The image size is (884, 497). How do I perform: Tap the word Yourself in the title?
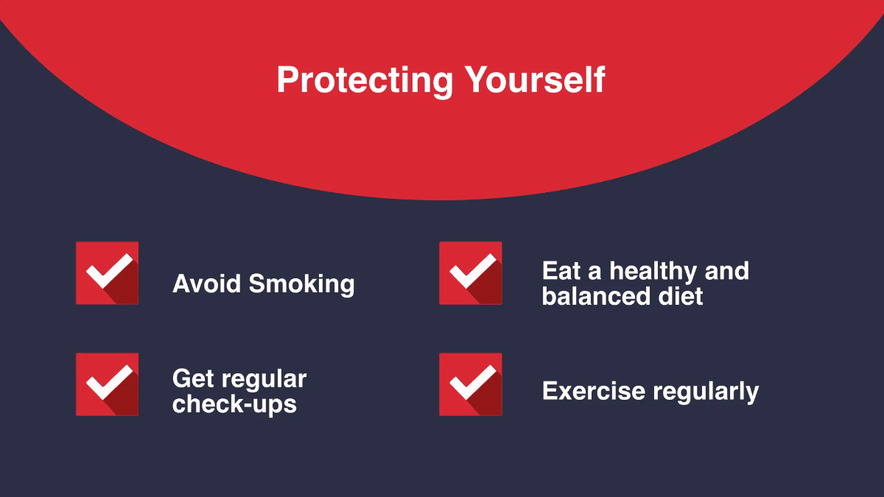point(534,80)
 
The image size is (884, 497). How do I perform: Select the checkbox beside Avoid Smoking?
point(107,273)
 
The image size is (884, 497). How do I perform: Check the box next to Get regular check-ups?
point(107,384)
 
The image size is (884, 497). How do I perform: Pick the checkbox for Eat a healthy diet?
point(471,273)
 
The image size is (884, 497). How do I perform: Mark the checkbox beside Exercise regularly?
point(471,384)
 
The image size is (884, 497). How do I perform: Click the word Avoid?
point(207,283)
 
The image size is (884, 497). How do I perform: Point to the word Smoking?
point(301,284)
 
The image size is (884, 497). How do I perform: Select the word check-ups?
point(234,404)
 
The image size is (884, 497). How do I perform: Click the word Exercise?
point(594,391)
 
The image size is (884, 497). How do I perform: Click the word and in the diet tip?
point(726,271)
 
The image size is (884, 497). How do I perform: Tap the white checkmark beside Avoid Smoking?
point(108,271)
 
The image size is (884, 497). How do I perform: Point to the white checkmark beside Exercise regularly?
point(472,382)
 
